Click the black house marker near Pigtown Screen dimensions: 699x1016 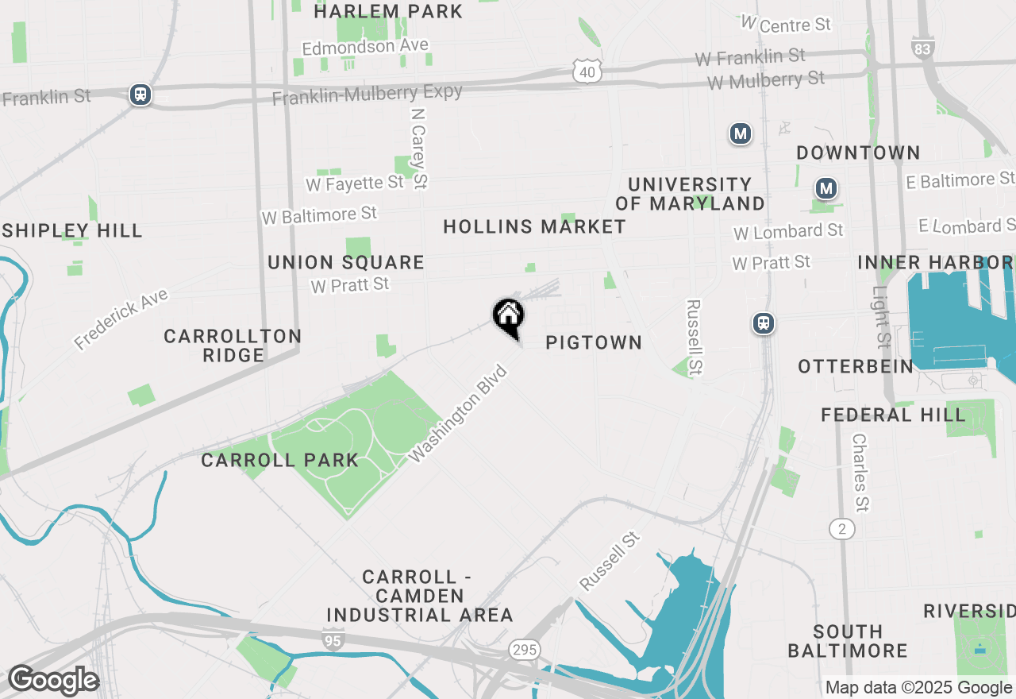coord(508,315)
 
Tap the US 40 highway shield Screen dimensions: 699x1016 coord(587,71)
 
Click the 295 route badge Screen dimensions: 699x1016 coord(524,650)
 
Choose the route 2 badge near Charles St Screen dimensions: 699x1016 coord(842,528)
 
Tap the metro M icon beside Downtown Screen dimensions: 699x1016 coord(826,189)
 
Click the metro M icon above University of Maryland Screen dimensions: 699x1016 coord(741,133)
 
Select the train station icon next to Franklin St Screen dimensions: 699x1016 coord(140,95)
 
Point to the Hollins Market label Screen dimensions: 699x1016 coord(534,227)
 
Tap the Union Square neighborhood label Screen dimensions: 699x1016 coord(346,262)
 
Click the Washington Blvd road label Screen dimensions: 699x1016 coord(458,413)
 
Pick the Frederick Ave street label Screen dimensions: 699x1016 coord(121,319)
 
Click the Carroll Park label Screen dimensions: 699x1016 coord(279,460)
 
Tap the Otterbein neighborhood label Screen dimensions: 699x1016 coord(856,366)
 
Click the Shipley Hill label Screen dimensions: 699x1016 coord(71,231)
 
